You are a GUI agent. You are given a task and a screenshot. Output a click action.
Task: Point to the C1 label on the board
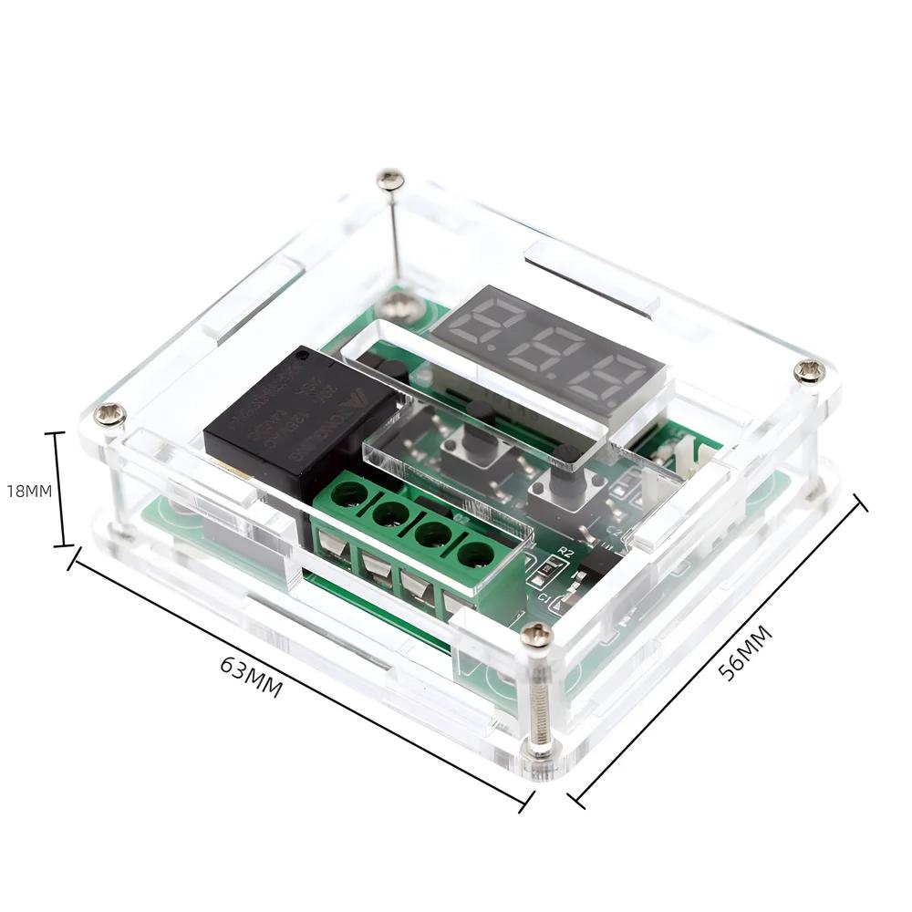click(x=544, y=597)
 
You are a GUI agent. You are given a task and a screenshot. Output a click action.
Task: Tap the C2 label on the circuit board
click(x=613, y=532)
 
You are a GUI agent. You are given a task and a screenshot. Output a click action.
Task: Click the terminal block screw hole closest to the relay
click(x=348, y=495)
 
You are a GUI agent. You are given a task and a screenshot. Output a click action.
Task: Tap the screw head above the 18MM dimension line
click(x=110, y=415)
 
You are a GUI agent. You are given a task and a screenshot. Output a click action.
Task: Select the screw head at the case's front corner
click(x=537, y=636)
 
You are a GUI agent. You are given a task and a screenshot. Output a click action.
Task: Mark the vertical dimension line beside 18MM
click(x=61, y=490)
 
